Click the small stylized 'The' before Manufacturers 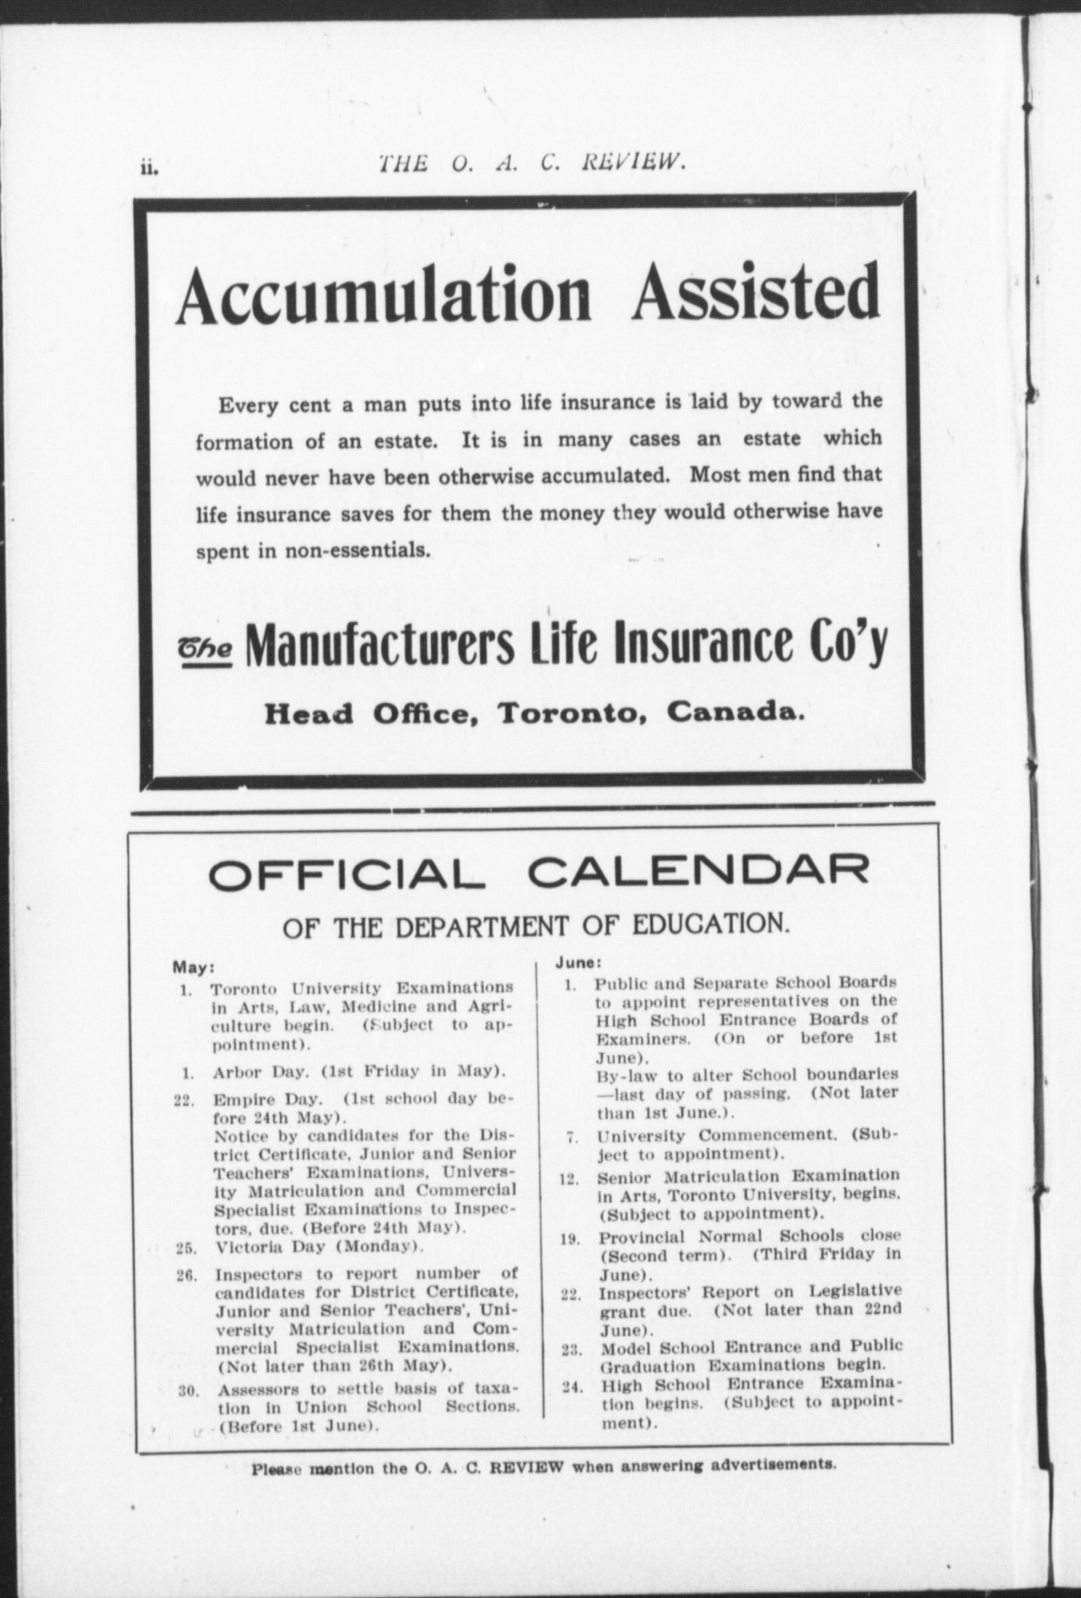pos(206,647)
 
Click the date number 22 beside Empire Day pos(185,1101)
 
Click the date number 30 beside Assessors pos(188,1390)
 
